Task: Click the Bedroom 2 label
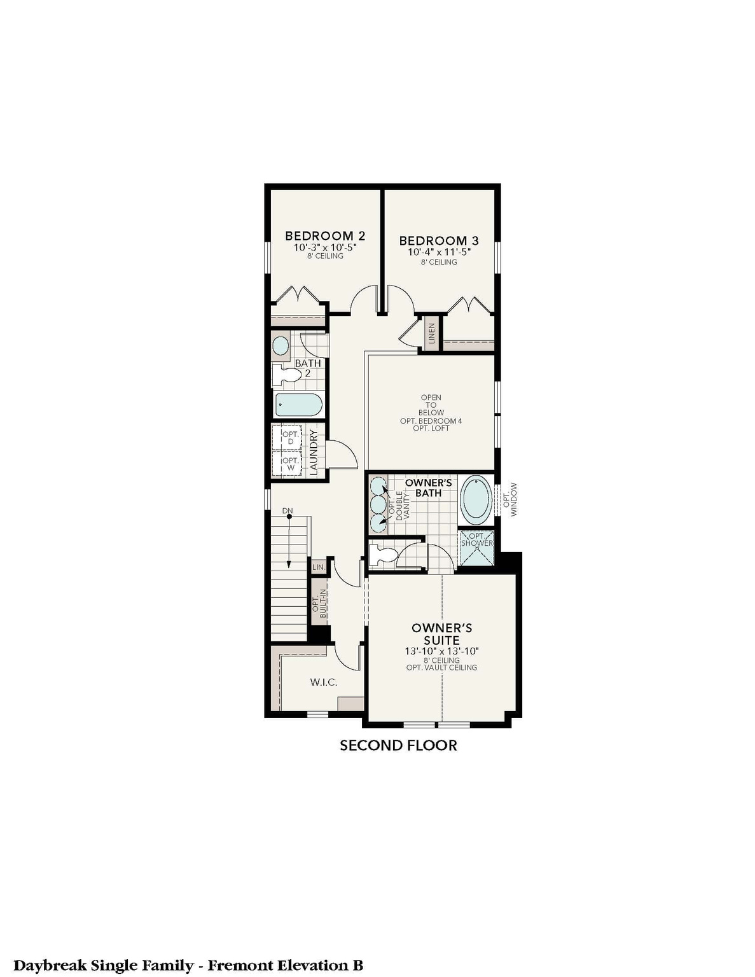[324, 236]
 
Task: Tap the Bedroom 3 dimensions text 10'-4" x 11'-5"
[438, 252]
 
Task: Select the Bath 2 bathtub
[298, 405]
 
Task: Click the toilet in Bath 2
[286, 375]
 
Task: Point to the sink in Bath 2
[281, 346]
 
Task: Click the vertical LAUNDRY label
[313, 452]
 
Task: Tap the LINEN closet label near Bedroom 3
[432, 333]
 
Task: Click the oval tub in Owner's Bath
[477, 499]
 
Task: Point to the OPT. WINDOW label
[510, 499]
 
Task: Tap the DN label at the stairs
[287, 511]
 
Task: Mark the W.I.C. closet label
[324, 683]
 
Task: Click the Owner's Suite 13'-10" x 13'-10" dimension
[441, 651]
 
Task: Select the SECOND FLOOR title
[398, 745]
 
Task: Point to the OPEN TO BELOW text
[431, 405]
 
